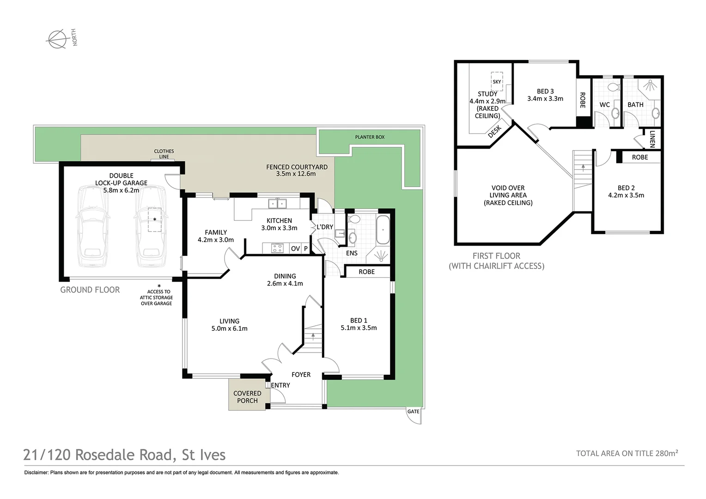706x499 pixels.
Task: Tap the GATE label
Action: tap(414, 411)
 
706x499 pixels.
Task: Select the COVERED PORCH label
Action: tap(247, 397)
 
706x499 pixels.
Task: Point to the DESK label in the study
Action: tap(494, 131)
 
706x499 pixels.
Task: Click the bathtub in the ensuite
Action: tap(383, 230)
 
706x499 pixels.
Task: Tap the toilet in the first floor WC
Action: tap(614, 87)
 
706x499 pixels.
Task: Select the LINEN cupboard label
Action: tap(652, 139)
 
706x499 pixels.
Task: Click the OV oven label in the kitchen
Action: tap(295, 249)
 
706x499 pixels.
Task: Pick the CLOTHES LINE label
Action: tap(164, 154)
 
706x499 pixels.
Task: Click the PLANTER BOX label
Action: tap(370, 137)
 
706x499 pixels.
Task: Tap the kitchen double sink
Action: tap(278, 203)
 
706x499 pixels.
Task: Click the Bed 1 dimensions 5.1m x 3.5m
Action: tap(359, 328)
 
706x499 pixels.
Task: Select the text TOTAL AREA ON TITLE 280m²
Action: tap(627, 453)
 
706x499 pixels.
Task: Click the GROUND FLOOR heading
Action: tap(90, 290)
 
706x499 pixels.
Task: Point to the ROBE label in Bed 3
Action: tap(582, 100)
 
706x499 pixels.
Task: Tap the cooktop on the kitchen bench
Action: tap(277, 249)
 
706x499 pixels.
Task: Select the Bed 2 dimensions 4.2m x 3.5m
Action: tap(626, 195)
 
